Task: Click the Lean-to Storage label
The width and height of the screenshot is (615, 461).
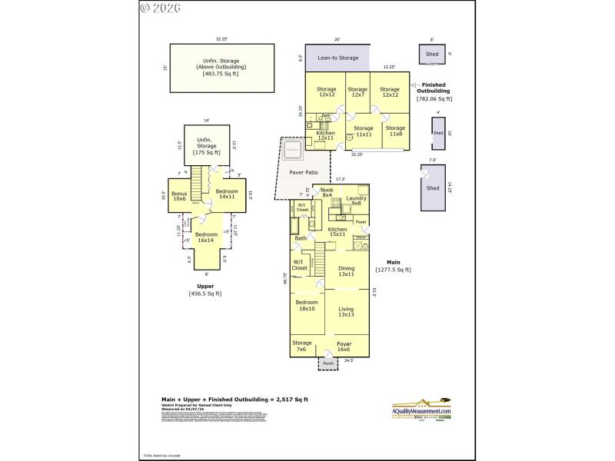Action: point(337,57)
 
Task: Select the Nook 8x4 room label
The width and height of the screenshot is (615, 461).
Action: point(327,193)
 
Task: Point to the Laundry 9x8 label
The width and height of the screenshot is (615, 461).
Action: point(356,201)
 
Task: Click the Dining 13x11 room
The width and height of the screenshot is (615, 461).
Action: point(346,271)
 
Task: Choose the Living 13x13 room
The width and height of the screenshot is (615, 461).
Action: point(346,311)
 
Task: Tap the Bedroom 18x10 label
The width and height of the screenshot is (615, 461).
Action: point(306,305)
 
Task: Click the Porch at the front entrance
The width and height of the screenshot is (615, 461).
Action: point(328,363)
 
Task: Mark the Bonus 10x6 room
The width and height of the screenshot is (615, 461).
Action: point(179,196)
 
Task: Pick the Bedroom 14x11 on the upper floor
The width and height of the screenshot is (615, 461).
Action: point(227,194)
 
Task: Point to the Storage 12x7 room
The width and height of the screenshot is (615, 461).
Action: point(357,91)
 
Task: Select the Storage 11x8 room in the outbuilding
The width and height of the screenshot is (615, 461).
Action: point(395,131)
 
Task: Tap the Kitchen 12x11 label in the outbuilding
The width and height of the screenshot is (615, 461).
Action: point(326,135)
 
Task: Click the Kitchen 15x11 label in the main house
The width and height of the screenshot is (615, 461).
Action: point(337,231)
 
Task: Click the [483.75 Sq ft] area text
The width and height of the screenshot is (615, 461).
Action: point(221,73)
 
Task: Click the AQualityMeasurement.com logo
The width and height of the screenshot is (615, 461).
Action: point(422,409)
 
